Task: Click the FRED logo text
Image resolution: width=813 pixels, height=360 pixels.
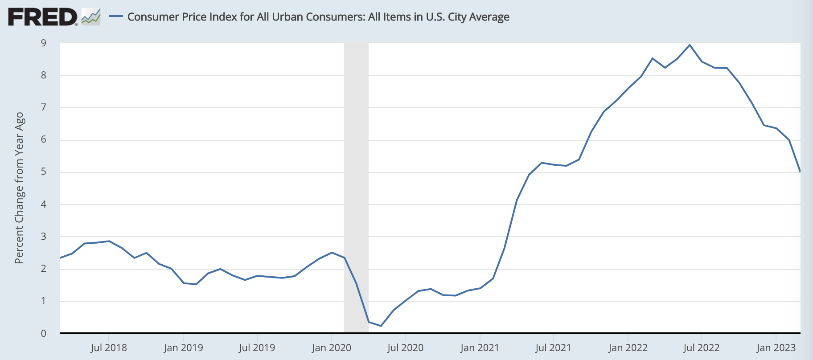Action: point(42,17)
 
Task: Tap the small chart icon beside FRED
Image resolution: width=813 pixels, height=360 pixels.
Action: point(91,17)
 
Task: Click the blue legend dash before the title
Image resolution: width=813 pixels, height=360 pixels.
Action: point(116,16)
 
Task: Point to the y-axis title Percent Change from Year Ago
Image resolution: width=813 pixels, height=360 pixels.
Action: point(19,188)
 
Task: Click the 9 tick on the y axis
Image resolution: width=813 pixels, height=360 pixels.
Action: point(44,43)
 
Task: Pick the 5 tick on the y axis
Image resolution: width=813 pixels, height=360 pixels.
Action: point(44,172)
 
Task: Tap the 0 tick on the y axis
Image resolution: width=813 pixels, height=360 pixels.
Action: point(44,333)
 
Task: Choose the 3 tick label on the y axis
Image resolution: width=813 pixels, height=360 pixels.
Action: point(44,237)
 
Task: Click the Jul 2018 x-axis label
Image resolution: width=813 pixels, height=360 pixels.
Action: point(109,348)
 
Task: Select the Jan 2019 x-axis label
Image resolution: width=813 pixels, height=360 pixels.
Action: point(183,348)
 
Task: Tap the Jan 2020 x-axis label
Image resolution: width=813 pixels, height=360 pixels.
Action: point(331,348)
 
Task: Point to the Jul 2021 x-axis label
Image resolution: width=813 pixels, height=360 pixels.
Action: point(553,348)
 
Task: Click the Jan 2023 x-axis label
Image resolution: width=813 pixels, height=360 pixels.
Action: point(776,348)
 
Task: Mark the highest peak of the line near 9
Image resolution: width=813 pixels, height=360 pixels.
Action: point(690,45)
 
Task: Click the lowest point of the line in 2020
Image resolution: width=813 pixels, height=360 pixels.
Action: point(381,326)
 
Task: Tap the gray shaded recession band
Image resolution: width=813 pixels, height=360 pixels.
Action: point(356,178)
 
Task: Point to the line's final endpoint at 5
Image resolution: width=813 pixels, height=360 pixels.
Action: point(800,172)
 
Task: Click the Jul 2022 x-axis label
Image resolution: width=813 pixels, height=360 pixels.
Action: point(701,348)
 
